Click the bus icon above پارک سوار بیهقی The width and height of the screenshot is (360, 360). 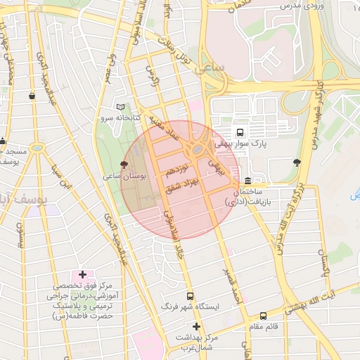pos(240,131)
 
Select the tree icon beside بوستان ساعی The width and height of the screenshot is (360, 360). pos(124,164)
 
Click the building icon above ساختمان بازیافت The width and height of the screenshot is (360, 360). pos(247,180)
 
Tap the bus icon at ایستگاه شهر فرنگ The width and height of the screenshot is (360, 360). pos(189,296)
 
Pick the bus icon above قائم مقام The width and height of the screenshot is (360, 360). pos(263,316)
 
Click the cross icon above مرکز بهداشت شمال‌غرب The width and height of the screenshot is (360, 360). pos(196,326)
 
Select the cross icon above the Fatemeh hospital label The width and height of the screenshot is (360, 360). pos(82,274)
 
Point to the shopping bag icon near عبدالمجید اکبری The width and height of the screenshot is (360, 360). pos(32,96)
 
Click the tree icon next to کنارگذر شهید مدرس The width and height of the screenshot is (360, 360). pos(297,162)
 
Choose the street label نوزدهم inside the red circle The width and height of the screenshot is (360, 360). pos(177,169)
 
